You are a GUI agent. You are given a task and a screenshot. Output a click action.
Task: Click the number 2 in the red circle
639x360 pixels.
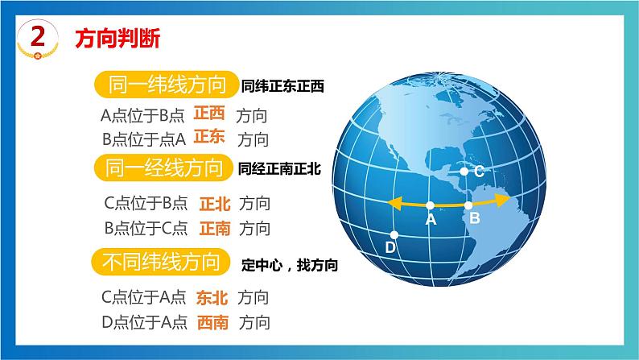(34, 35)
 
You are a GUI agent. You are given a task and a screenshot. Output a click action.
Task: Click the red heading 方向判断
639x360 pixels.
(117, 37)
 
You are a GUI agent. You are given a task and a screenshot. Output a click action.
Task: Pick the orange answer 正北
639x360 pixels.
(214, 203)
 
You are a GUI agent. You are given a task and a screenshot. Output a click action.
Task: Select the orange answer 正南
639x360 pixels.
(214, 228)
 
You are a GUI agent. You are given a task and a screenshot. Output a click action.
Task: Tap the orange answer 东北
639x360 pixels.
(212, 297)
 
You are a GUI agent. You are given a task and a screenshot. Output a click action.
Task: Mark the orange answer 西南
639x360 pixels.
(212, 322)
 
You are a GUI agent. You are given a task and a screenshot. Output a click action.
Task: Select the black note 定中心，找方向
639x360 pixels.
(289, 263)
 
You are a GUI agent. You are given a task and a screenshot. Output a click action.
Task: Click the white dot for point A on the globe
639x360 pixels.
(431, 205)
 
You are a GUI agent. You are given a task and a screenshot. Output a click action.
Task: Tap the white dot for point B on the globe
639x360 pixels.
(470, 205)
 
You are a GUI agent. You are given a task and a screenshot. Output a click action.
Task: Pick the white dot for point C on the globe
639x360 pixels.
(464, 171)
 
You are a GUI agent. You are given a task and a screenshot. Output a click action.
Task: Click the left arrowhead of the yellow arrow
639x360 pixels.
(392, 204)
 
